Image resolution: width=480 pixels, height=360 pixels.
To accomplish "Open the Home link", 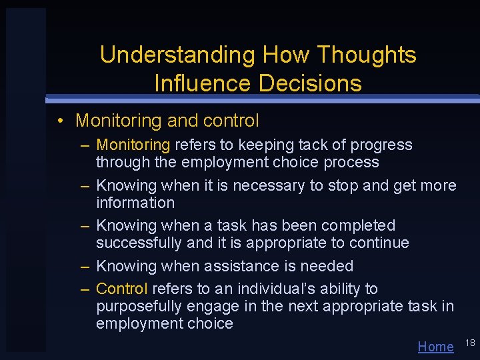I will (435, 346).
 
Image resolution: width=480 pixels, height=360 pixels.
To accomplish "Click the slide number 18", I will (469, 343).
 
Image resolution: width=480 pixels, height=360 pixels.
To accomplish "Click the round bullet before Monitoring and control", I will (60, 121).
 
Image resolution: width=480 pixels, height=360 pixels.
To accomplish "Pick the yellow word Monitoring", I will (133, 145).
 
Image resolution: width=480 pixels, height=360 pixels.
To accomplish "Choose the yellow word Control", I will (122, 289).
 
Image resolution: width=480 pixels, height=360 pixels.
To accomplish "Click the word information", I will (135, 203).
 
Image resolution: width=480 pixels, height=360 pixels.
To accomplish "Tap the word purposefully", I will (141, 307).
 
